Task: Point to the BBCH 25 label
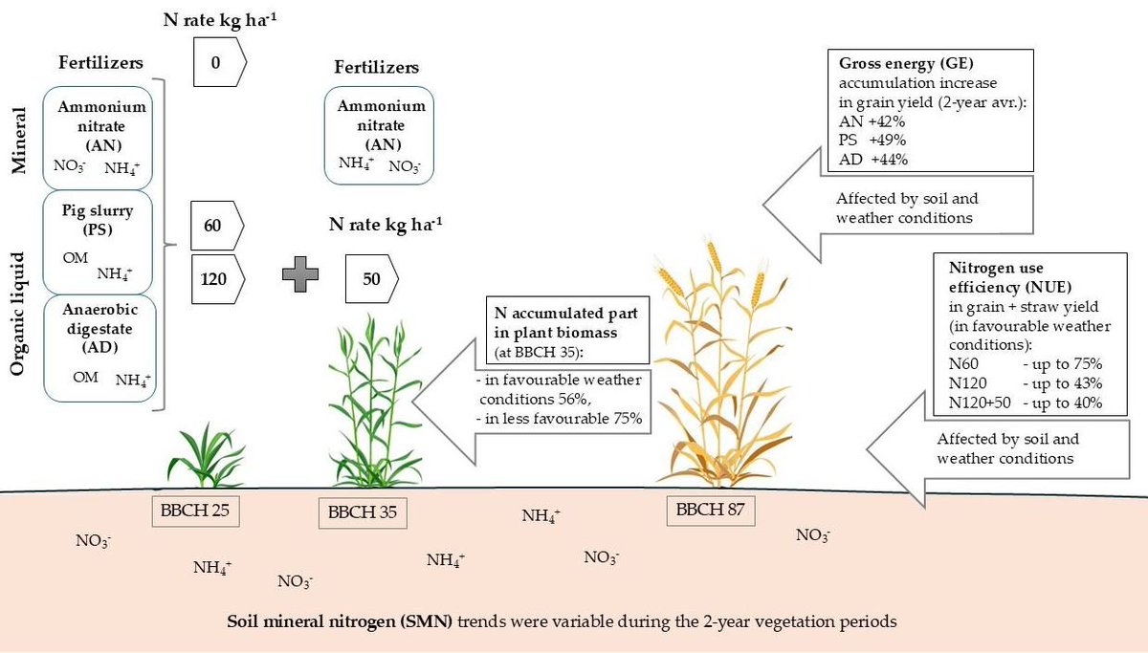[x=194, y=511]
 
